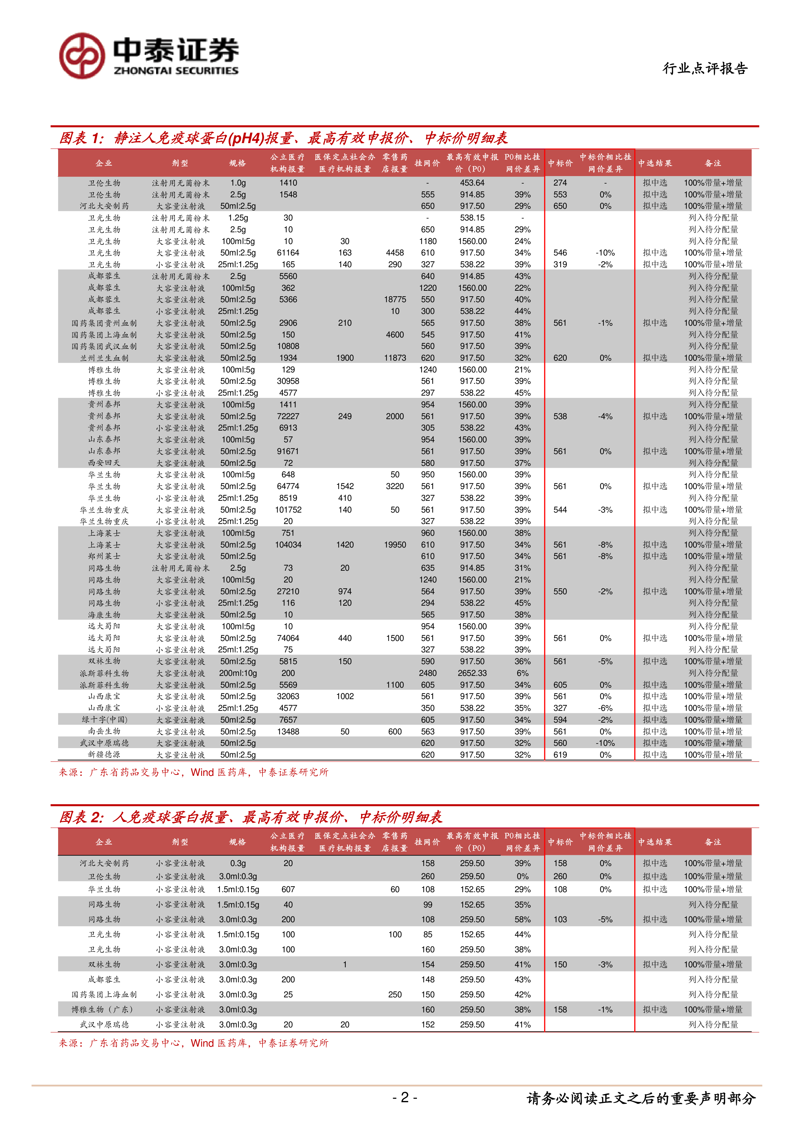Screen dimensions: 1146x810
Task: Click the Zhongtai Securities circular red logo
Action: [x=82, y=56]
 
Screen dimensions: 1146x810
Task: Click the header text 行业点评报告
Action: [x=705, y=68]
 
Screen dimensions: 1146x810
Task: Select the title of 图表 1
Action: [x=283, y=138]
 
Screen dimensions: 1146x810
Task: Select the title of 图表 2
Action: [x=251, y=817]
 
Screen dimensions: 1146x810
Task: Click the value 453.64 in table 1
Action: [x=472, y=183]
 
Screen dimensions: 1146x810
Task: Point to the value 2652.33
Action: [x=472, y=673]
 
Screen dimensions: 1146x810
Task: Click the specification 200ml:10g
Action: [x=238, y=673]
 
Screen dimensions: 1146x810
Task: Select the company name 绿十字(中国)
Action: [x=104, y=720]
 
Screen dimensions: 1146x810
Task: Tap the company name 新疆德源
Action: [x=104, y=755]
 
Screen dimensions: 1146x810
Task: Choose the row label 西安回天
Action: [x=104, y=463]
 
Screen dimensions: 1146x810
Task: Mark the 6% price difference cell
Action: [x=522, y=673]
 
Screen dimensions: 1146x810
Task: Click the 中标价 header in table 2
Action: [x=560, y=842]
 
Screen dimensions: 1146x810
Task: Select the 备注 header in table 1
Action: [x=713, y=163]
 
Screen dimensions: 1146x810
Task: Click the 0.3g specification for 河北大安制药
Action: [x=238, y=863]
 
